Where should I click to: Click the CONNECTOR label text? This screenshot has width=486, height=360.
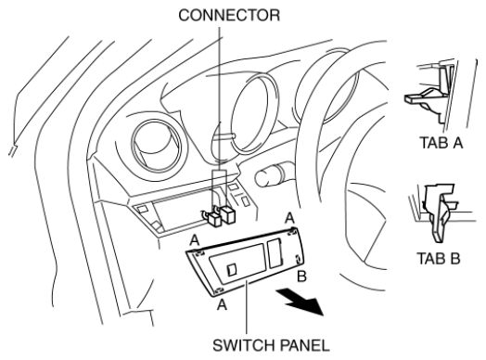[x=229, y=15]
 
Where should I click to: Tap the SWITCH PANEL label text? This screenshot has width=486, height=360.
[x=271, y=345]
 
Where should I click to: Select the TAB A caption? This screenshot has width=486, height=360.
[x=441, y=143]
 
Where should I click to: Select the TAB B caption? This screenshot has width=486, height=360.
[x=439, y=258]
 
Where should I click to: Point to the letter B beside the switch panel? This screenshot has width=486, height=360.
[x=301, y=276]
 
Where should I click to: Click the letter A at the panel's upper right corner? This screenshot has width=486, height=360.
[x=289, y=218]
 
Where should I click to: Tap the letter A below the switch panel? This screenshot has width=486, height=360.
[x=222, y=305]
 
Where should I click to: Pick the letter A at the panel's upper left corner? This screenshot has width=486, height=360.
[x=195, y=239]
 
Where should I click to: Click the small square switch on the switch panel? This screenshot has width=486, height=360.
[x=232, y=269]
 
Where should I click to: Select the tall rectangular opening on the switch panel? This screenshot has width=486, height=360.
[x=275, y=252]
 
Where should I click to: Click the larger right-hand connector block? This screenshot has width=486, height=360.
[x=228, y=215]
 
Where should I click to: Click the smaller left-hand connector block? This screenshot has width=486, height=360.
[x=214, y=219]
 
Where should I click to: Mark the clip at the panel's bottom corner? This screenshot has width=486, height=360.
[x=219, y=290]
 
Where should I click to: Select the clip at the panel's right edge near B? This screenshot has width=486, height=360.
[x=297, y=259]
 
